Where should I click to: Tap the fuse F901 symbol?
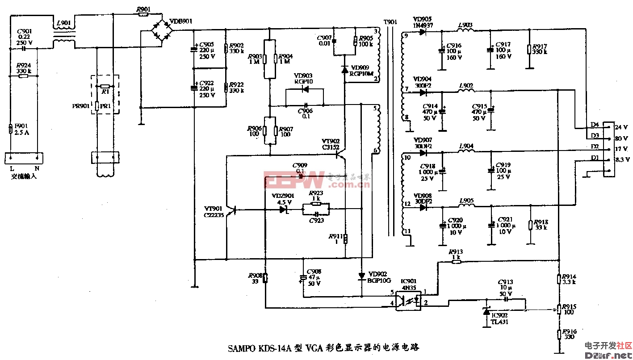pyautogui.click(x=10, y=130)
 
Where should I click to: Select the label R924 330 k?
pyautogui.click(x=24, y=68)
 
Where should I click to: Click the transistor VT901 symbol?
pyautogui.click(x=231, y=209)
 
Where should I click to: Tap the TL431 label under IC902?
pyautogui.click(x=499, y=322)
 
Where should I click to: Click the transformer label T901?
pyautogui.click(x=390, y=22)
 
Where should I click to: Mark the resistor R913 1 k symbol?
pyautogui.click(x=456, y=262)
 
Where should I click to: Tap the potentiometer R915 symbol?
pyautogui.click(x=558, y=309)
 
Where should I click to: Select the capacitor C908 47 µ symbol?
pyautogui.click(x=303, y=278)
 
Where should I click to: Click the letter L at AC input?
pyautogui.click(x=12, y=169)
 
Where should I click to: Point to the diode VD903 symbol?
pyautogui.click(x=305, y=89)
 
